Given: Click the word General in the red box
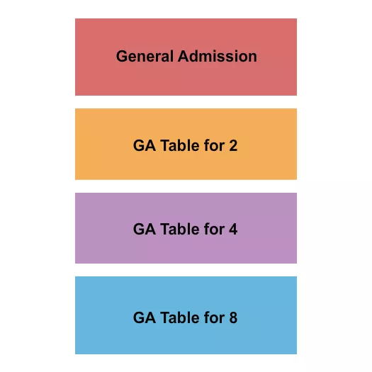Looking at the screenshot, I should pos(145,56).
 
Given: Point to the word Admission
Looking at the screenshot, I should pos(218,56).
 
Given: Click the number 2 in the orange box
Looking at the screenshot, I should pos(233,146).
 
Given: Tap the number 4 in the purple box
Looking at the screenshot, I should pos(233,230).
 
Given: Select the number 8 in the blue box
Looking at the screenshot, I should pos(233,317).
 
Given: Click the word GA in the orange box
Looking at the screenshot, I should pos(145,146).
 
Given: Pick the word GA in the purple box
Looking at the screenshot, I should pos(145,230).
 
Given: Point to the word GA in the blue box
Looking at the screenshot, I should pos(145,317).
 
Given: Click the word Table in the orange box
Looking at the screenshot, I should pos(180,146).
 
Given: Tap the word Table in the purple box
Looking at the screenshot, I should pos(180,230).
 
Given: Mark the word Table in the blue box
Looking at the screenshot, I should pos(180,317).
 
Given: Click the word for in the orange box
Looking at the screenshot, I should pos(214,146).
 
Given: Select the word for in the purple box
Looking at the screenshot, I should pos(214,230).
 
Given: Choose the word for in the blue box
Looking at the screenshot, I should pos(214,317).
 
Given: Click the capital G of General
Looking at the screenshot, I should pos(122,56).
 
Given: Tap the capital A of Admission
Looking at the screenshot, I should pos(184,56).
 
